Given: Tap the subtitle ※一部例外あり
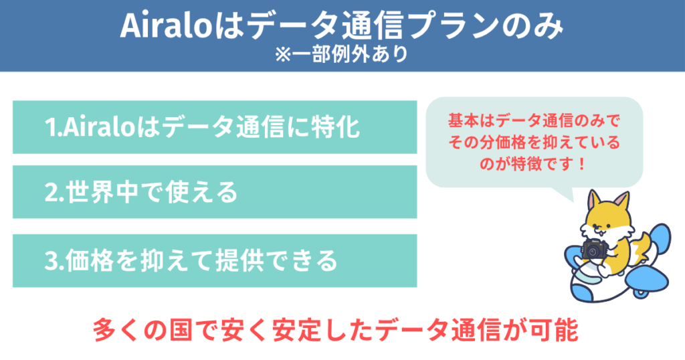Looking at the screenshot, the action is point(342,55).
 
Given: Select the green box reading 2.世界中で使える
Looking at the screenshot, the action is point(215,192).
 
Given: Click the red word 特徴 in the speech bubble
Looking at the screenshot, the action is point(522,164).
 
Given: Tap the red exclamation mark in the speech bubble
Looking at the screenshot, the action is point(581,164).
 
